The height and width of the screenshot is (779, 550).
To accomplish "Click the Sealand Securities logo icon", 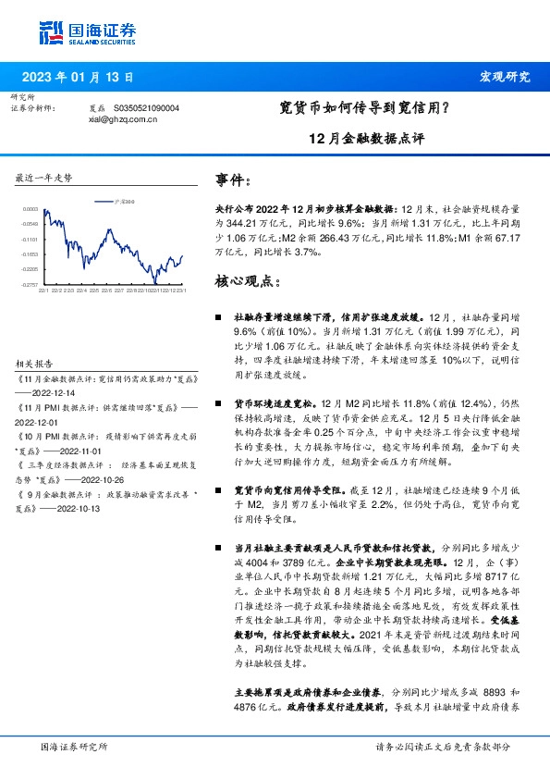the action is (53, 32).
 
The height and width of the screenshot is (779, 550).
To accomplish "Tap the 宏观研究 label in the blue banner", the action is (505, 77).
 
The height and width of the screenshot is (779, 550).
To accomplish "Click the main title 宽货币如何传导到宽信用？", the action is (364, 108).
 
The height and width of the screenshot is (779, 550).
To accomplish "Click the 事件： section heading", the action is (233, 179).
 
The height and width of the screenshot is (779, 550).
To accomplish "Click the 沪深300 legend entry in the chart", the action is (121, 200).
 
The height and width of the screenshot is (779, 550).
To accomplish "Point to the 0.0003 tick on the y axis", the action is (31, 209).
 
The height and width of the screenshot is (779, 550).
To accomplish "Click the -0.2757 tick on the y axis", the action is (31, 283).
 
